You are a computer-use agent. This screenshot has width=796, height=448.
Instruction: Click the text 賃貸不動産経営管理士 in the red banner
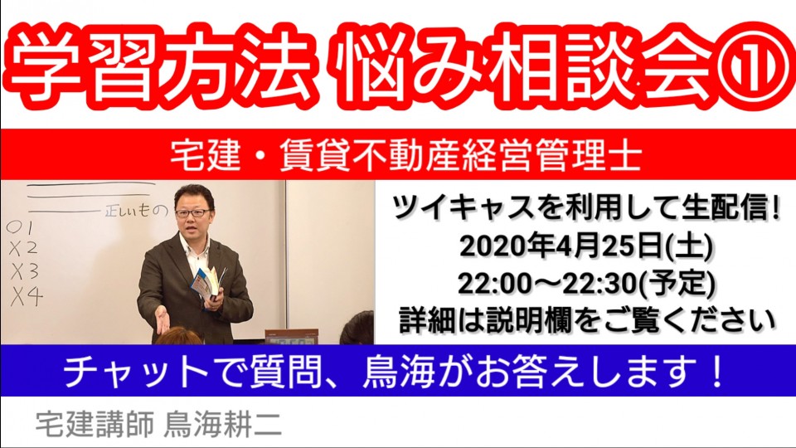tap(460, 155)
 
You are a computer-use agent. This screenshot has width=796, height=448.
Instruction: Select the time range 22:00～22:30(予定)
tap(586, 283)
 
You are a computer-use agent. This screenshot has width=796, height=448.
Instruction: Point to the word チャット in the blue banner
tap(135, 373)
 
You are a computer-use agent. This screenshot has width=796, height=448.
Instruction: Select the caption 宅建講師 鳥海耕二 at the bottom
tap(159, 425)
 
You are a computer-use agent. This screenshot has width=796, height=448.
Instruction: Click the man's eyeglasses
tap(192, 213)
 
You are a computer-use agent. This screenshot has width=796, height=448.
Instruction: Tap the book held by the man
tap(208, 282)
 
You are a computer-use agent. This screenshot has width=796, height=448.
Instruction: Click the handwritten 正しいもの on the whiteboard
tap(135, 210)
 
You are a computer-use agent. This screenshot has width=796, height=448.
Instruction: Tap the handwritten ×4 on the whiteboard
tap(27, 297)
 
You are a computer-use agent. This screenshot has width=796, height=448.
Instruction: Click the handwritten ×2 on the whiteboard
tap(23, 250)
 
